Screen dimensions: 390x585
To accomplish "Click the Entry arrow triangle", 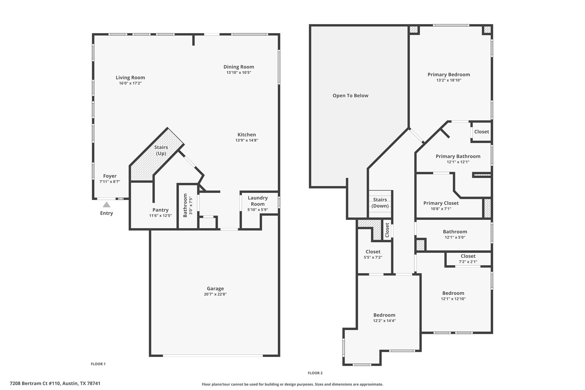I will click(x=107, y=205).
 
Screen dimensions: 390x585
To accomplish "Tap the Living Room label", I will click(x=130, y=77).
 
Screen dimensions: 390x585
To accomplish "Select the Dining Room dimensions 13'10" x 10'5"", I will click(x=239, y=73).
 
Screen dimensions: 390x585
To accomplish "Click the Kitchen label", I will click(x=247, y=135).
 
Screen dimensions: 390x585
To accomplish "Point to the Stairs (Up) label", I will click(x=161, y=150).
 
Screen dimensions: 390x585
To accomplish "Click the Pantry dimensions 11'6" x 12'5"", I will click(x=160, y=215).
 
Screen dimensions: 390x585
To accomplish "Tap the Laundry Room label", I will click(x=257, y=201).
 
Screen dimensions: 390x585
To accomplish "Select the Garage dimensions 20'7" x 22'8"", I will click(x=215, y=294).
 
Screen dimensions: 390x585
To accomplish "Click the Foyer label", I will click(x=110, y=176).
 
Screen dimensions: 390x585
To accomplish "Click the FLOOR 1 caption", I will click(x=98, y=364).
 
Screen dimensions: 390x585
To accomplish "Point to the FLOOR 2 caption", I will click(x=315, y=373).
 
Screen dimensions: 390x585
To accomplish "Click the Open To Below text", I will click(x=350, y=96).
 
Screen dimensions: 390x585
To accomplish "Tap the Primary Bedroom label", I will click(x=448, y=75).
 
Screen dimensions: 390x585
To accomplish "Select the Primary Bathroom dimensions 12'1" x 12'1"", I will click(x=458, y=162).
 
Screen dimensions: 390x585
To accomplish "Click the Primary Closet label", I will click(x=441, y=203).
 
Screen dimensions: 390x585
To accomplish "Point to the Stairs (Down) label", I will click(x=380, y=203).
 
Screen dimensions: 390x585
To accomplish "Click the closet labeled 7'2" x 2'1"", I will click(x=468, y=259).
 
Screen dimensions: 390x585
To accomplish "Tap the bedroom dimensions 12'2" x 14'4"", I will click(x=384, y=321).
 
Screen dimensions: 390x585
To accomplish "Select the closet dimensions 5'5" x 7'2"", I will click(x=373, y=257).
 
